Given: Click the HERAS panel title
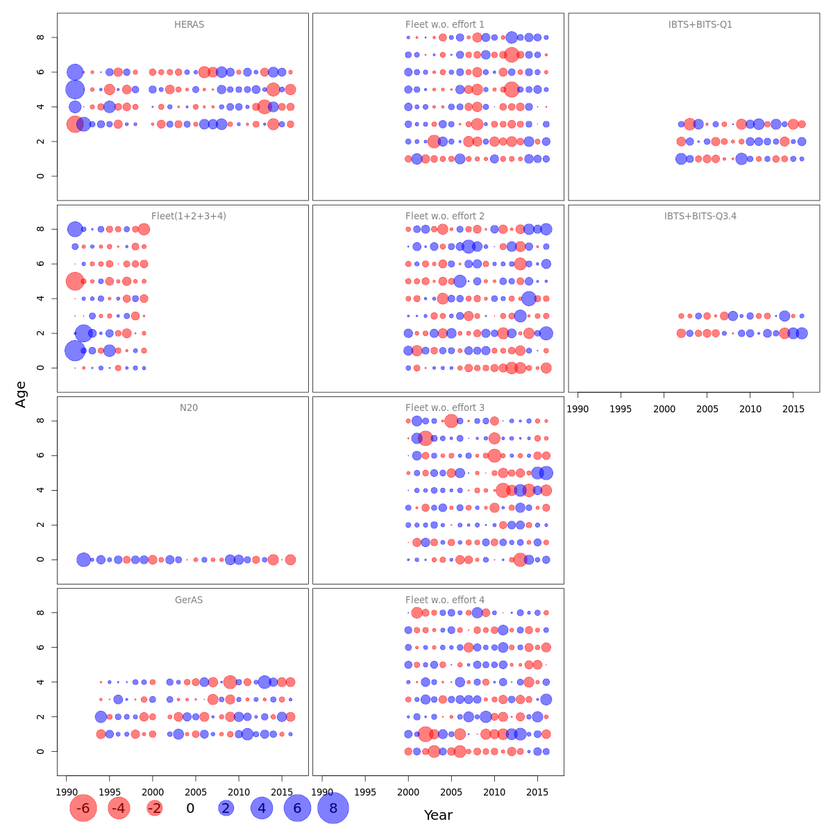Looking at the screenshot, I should (x=189, y=25).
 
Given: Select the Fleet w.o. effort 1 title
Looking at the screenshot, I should (x=445, y=25).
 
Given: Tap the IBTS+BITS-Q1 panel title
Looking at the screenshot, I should (x=700, y=25).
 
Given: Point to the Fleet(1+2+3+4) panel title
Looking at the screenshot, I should (x=189, y=217).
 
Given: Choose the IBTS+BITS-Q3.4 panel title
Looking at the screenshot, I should (x=700, y=217).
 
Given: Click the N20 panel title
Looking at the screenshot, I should (x=189, y=408).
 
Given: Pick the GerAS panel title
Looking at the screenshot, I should (x=189, y=600).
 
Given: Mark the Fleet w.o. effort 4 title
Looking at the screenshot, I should (x=445, y=600).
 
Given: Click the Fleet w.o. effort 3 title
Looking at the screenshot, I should (x=445, y=408).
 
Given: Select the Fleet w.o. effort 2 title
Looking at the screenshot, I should (x=445, y=217).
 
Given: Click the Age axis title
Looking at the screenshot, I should (x=21, y=394).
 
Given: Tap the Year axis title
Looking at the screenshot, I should (x=438, y=816).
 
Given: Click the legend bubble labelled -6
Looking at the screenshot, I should (x=83, y=808).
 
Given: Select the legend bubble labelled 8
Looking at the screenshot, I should (x=333, y=808).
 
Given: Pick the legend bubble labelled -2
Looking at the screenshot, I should (x=155, y=808).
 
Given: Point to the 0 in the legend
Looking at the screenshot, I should (x=190, y=808).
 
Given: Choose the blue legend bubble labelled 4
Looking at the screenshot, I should (x=262, y=808).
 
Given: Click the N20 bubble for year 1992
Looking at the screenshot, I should (x=83, y=559).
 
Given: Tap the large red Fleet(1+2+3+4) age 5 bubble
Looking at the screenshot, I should (x=75, y=281).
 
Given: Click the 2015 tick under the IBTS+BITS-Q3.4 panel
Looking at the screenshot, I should (x=793, y=409).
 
